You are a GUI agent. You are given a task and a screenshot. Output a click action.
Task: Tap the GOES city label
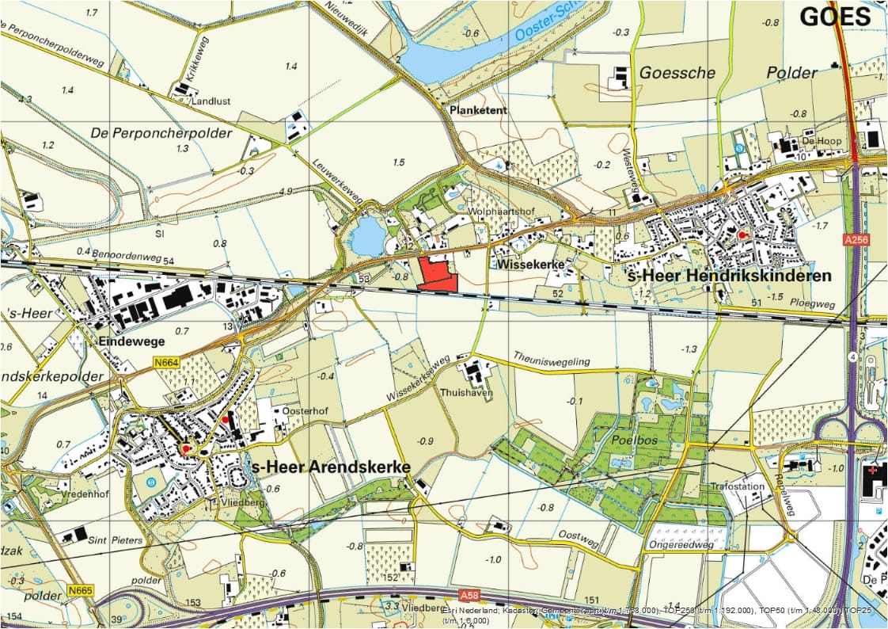pos(834,17)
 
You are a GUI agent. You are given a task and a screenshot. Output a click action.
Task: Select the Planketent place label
pos(478,111)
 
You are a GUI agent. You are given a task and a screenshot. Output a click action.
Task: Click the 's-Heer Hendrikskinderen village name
pos(729,276)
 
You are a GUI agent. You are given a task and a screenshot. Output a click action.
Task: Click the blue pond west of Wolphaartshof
pos(366,237)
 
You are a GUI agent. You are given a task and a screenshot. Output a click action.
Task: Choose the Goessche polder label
pos(676,73)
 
